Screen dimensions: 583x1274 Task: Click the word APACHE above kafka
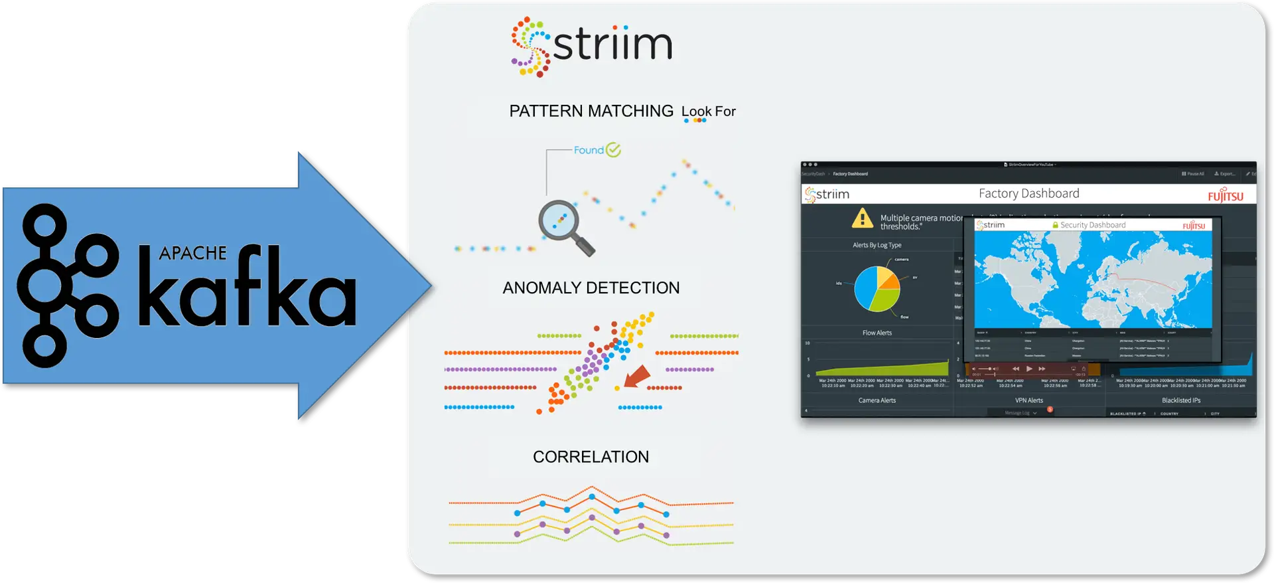(192, 253)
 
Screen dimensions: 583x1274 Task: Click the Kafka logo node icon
(66, 286)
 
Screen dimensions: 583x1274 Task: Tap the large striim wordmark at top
(612, 45)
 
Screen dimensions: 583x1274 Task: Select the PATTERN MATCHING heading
(591, 111)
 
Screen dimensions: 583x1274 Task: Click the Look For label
(708, 112)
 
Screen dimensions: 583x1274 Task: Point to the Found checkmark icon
(613, 150)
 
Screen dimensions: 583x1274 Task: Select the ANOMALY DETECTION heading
(591, 288)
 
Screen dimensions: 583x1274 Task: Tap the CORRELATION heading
(591, 457)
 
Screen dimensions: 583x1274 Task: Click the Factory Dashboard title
(1028, 194)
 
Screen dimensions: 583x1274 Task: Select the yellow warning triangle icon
(862, 218)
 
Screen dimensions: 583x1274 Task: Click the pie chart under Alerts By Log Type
(877, 289)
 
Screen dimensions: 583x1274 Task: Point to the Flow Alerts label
(877, 333)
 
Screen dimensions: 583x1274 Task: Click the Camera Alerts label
(877, 400)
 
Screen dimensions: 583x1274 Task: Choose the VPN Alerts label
(1028, 400)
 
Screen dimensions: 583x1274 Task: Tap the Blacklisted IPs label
(1180, 400)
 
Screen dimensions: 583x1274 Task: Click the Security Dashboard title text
(1092, 225)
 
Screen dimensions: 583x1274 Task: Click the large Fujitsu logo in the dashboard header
(1225, 195)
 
